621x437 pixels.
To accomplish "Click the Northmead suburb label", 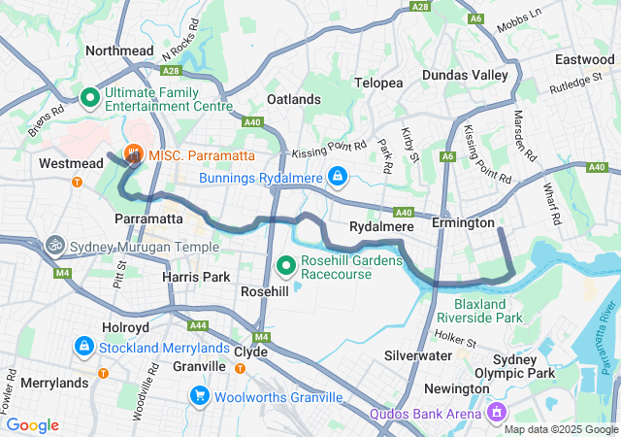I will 120,50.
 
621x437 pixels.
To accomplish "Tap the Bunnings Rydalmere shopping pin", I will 337,177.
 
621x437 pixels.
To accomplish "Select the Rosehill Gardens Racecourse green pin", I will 286,264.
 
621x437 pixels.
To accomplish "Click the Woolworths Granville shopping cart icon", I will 199,396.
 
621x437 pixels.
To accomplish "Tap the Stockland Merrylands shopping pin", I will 84,346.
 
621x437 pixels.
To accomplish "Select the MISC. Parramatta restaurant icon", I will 134,154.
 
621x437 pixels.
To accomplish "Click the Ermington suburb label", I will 464,222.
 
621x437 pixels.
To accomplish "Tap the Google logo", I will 32,424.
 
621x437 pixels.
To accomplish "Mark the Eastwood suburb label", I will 584,59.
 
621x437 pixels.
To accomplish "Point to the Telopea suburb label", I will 378,83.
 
